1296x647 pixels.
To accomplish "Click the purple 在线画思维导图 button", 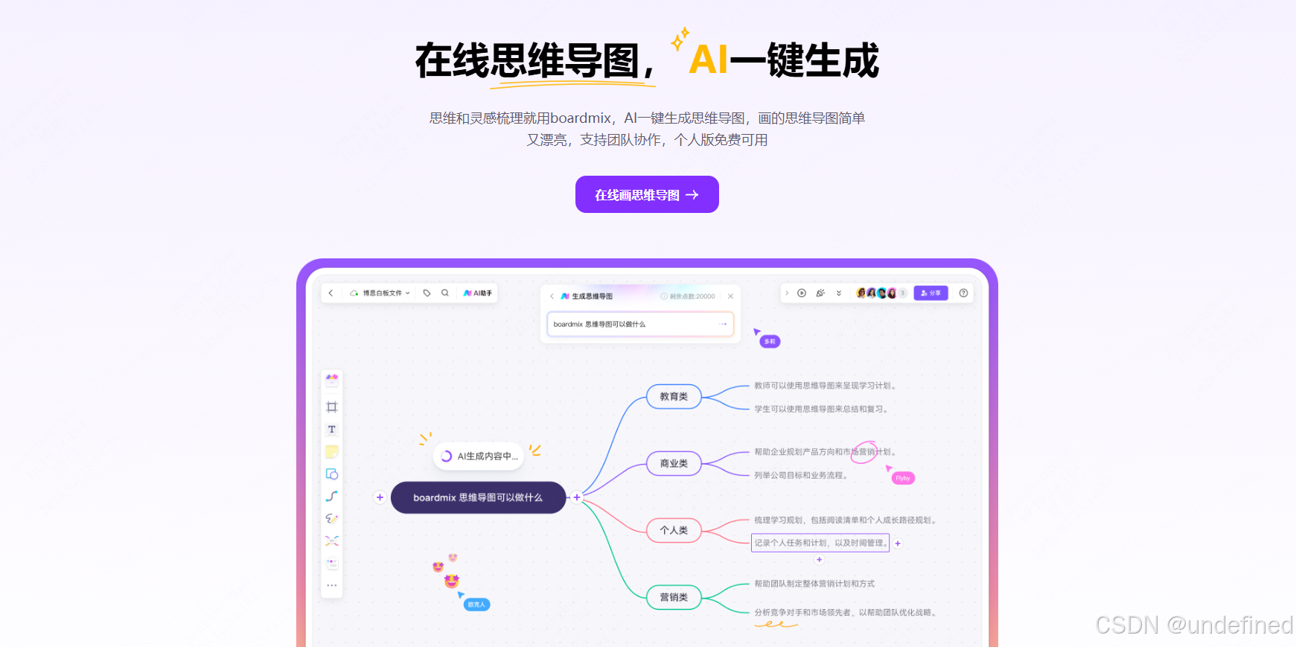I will (646, 194).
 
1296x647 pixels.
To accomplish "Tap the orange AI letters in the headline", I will (707, 60).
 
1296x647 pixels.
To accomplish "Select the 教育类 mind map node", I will (674, 397).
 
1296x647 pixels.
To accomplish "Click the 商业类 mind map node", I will (674, 463).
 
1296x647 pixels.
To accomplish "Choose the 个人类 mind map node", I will (674, 530).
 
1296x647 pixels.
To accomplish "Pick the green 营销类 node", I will (674, 597).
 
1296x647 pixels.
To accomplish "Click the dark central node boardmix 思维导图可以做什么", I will (478, 497).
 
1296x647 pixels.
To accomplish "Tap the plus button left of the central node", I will (380, 497).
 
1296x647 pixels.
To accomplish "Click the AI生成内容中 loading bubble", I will (479, 456).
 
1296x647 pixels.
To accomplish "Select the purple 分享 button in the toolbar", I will (930, 293).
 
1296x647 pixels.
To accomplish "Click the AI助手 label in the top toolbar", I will (478, 293).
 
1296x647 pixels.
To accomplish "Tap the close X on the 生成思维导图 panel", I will (730, 296).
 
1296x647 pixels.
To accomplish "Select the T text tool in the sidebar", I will (332, 430).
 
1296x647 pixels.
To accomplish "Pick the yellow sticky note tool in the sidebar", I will (332, 452).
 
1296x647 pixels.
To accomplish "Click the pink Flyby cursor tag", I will (903, 478).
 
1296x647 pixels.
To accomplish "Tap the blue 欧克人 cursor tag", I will (476, 605).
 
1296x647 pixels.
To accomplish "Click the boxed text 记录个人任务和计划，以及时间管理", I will (820, 543).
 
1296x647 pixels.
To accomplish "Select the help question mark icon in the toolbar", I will (963, 293).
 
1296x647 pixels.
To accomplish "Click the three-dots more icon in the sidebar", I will (332, 585).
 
